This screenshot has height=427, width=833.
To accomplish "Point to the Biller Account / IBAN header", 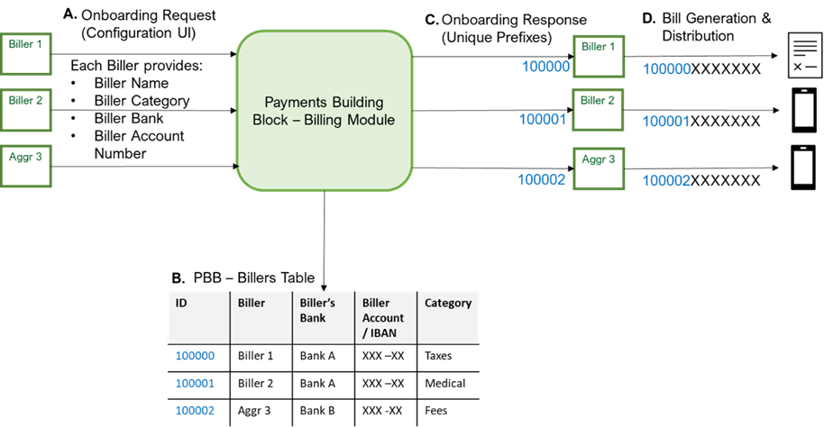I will point(383,317).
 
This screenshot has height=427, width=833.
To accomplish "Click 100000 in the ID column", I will point(195,356).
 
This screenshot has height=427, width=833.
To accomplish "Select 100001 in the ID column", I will point(195,383).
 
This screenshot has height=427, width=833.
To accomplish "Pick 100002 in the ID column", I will point(195,410).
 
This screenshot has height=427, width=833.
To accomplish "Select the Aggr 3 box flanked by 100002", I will point(600,168).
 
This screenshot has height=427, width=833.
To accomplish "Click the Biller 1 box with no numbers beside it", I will point(26,54).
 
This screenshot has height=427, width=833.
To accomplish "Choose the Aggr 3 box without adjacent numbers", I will point(26,167).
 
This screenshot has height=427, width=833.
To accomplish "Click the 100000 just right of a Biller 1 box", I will point(666,69).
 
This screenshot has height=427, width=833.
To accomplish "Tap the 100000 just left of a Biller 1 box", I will point(545,67).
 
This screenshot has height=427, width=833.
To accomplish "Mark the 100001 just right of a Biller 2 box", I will point(666,122).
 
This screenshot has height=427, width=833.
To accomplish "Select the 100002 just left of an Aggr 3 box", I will point(541,180).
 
